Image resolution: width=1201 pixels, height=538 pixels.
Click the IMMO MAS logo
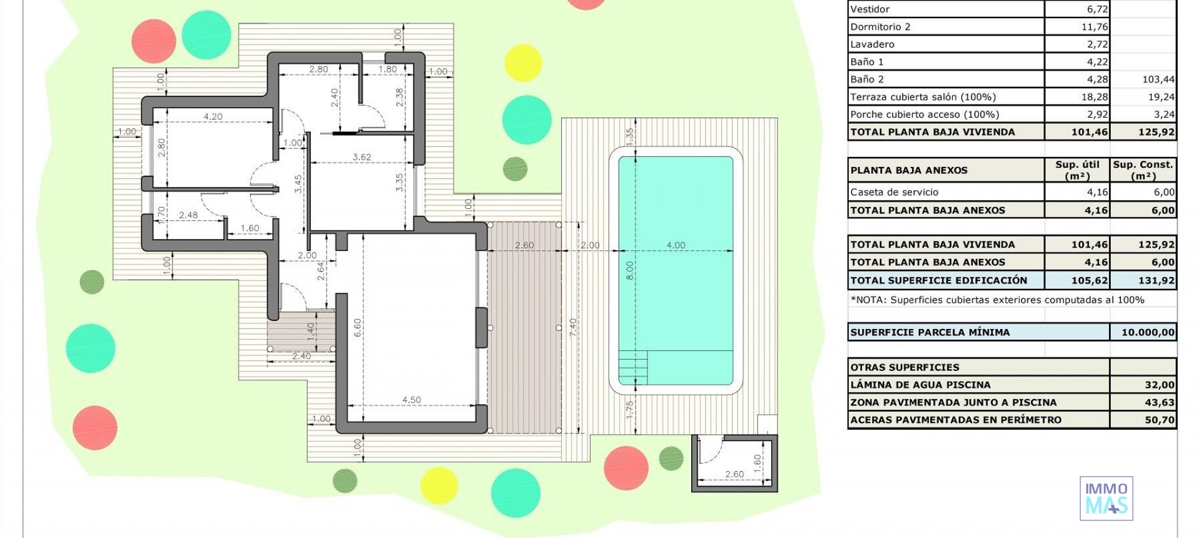click(1106, 498)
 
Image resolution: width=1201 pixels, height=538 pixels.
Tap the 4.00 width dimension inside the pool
click(676, 245)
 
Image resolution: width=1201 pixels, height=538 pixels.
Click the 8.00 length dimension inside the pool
click(630, 270)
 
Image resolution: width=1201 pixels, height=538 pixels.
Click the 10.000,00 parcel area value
click(1147, 332)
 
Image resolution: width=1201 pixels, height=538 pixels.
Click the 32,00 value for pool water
click(1159, 385)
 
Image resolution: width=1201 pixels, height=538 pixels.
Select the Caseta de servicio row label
click(894, 192)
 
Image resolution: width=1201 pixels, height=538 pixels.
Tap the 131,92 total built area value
click(1156, 280)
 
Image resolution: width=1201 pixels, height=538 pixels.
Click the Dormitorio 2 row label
click(880, 26)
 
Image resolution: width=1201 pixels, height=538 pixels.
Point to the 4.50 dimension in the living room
click(411, 400)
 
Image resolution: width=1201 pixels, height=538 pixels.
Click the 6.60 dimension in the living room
click(357, 328)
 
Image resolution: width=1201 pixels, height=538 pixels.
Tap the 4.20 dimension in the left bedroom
click(213, 116)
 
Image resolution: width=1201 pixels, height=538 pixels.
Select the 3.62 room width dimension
click(362, 157)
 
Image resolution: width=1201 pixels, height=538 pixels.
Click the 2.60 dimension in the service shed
click(734, 474)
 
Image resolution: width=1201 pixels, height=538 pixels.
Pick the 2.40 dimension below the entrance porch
click(301, 356)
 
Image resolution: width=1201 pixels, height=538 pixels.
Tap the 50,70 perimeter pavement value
click(1159, 420)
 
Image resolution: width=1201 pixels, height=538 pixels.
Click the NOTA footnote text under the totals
click(997, 300)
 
